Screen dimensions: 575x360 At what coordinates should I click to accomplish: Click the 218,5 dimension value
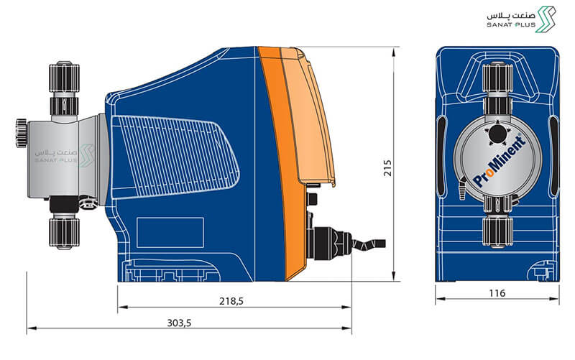(231, 301)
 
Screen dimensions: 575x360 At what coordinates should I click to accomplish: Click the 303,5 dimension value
(179, 323)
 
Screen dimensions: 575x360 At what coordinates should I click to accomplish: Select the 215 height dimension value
(387, 167)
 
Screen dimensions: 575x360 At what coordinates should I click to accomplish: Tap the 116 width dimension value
(497, 293)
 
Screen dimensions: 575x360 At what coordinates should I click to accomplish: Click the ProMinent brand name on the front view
(500, 161)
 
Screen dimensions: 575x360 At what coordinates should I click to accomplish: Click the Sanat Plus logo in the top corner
(521, 19)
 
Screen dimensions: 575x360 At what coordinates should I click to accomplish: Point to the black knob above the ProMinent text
(497, 134)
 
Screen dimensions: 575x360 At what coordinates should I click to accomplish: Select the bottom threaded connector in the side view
(64, 233)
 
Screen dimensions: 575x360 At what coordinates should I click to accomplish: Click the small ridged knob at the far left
(22, 133)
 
